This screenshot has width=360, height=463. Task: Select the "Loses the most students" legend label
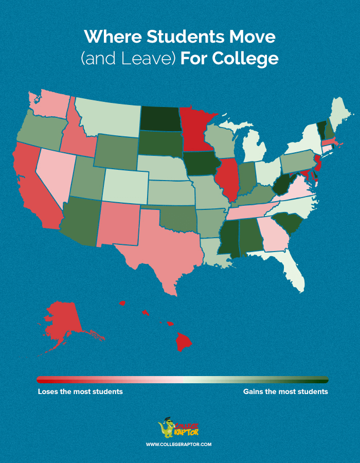[80, 392]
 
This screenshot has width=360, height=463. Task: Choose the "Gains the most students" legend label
[285, 392]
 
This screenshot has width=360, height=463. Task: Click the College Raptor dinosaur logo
[168, 430]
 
